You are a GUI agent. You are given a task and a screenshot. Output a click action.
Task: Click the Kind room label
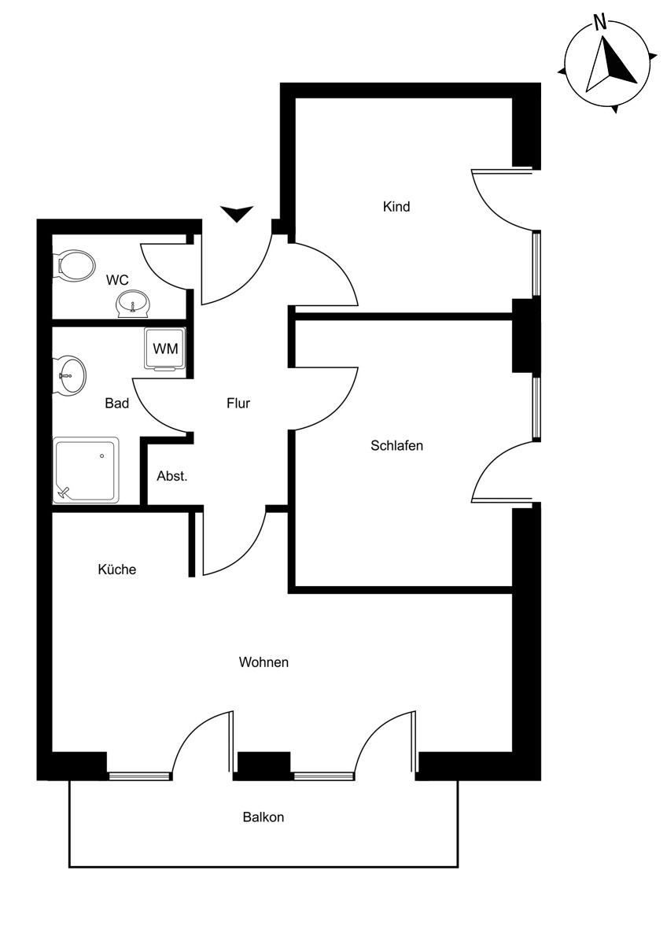pyautogui.click(x=396, y=206)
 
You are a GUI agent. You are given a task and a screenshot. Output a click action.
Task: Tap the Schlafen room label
pyautogui.click(x=396, y=445)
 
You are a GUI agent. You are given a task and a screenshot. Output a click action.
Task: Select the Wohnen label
pyautogui.click(x=263, y=662)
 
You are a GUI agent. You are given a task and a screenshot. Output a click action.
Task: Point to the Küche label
pyautogui.click(x=116, y=570)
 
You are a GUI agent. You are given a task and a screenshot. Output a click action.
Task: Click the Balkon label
pyautogui.click(x=263, y=817)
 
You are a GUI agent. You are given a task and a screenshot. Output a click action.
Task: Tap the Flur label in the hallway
pyautogui.click(x=238, y=404)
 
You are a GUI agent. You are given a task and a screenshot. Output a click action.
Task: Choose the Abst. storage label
pyautogui.click(x=172, y=476)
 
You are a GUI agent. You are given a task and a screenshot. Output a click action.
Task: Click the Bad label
pyautogui.click(x=116, y=404)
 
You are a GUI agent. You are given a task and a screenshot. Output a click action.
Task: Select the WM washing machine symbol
pyautogui.click(x=165, y=349)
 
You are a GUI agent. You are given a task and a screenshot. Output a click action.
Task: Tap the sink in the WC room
pyautogui.click(x=133, y=304)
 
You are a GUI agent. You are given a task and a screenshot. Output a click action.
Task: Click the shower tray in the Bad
pyautogui.click(x=86, y=470)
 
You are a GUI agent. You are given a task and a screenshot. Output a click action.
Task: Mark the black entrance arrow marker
pyautogui.click(x=237, y=213)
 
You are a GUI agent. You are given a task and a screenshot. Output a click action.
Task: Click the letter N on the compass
pyautogui.click(x=599, y=22)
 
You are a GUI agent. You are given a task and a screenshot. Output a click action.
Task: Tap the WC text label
pyautogui.click(x=117, y=280)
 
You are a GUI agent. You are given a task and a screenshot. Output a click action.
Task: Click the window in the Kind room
pyautogui.click(x=536, y=264)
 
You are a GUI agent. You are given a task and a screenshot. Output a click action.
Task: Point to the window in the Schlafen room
pyautogui.click(x=536, y=407)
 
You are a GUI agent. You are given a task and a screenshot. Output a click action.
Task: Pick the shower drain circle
pyautogui.click(x=102, y=456)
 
